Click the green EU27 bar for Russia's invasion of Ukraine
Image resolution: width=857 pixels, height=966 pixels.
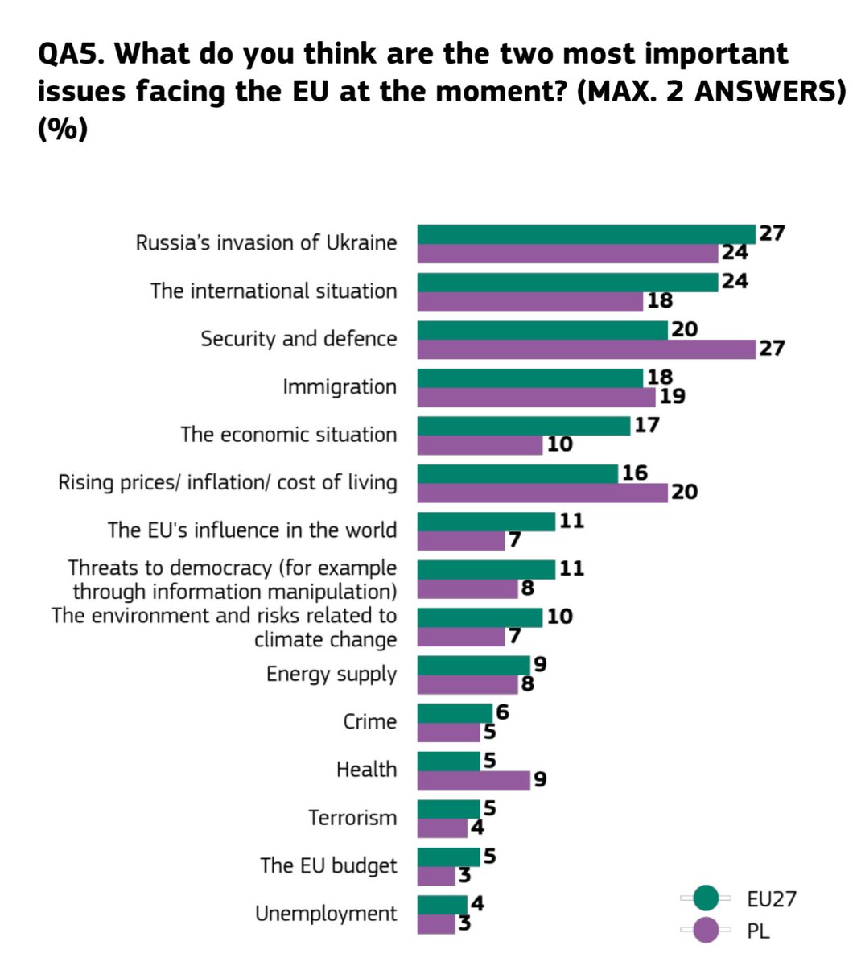tap(586, 234)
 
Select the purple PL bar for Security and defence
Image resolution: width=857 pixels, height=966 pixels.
tap(586, 349)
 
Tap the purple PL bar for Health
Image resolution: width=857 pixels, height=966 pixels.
tap(473, 780)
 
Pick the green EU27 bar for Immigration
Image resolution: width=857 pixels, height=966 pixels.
tap(530, 378)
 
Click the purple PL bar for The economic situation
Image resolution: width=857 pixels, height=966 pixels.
tap(480, 445)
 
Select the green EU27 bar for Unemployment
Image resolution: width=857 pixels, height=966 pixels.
tap(442, 905)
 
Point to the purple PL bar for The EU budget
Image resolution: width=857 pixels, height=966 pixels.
tap(436, 876)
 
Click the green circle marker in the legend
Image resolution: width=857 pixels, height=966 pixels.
tap(706, 898)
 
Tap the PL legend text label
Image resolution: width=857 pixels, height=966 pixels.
tap(758, 931)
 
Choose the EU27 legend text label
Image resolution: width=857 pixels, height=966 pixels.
tap(771, 898)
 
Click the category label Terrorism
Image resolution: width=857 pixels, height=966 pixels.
tap(352, 818)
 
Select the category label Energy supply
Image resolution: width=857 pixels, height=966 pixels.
tap(332, 674)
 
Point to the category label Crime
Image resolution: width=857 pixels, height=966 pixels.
tap(369, 722)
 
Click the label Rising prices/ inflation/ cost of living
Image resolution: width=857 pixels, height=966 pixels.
tap(228, 483)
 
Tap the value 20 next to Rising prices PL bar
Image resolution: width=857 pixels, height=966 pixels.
tap(684, 492)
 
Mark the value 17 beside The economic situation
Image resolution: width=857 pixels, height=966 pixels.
tap(646, 425)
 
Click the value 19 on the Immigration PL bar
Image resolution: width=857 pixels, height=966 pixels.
tap(672, 396)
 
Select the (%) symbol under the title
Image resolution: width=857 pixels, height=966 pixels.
tap(62, 129)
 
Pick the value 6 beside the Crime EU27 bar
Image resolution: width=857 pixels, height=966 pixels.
tap(502, 712)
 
